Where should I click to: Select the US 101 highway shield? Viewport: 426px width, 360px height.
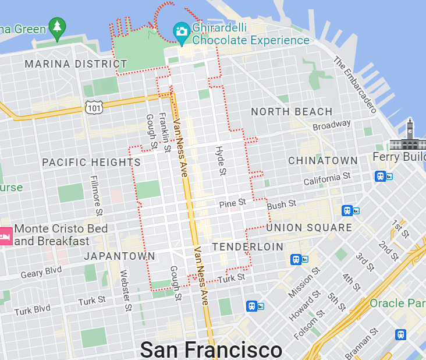coord(94,107)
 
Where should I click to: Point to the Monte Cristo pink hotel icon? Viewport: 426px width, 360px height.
coord(5,235)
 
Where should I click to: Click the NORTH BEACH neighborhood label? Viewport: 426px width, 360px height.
coord(292,112)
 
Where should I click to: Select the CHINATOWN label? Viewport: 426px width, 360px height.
coord(323,160)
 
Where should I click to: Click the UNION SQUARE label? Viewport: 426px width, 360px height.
coord(309,228)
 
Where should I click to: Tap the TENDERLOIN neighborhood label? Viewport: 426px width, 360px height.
coord(247,247)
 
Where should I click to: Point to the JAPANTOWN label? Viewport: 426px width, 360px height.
coord(119,256)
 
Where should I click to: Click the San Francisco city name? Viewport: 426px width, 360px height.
coord(211,350)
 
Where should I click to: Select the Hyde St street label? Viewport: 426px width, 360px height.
coord(221,160)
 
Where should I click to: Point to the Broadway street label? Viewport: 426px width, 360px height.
coord(332,125)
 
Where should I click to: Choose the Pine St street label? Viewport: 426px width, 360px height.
coord(233,203)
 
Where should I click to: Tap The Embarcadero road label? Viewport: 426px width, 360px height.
coord(354,84)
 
